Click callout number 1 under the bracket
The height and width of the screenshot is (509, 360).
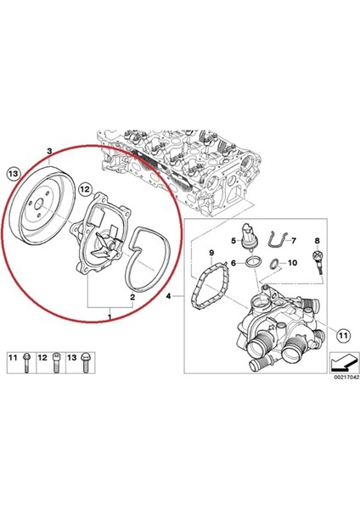click(x=109, y=316)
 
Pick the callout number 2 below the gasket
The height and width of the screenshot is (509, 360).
click(x=132, y=298)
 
